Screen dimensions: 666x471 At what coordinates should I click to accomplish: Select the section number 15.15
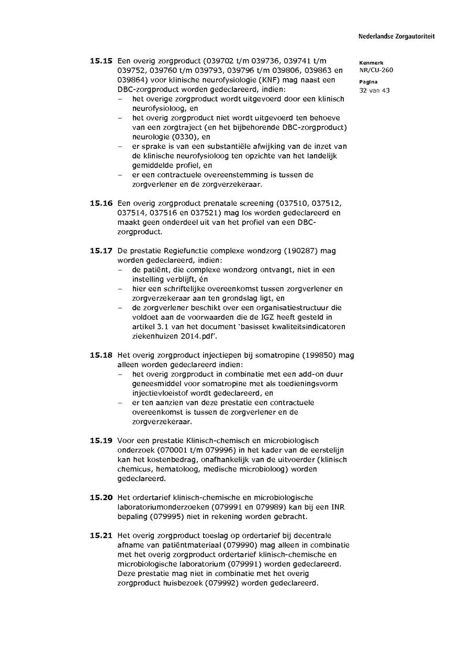point(101,61)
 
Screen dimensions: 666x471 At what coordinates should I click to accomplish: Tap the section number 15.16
point(101,204)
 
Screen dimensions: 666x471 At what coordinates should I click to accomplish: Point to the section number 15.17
point(101,251)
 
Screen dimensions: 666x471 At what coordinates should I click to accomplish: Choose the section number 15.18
point(101,355)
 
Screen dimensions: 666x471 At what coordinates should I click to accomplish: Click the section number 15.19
point(101,441)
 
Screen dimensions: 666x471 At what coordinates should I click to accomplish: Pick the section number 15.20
point(101,498)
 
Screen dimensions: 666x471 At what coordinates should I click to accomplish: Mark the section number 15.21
point(101,536)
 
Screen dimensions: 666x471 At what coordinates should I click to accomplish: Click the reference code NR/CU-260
point(376,70)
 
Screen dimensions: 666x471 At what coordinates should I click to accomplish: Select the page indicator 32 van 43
point(374,91)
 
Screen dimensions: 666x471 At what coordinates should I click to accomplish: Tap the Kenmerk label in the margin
point(371,63)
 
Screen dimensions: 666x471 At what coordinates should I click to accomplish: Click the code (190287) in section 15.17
point(301,251)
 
